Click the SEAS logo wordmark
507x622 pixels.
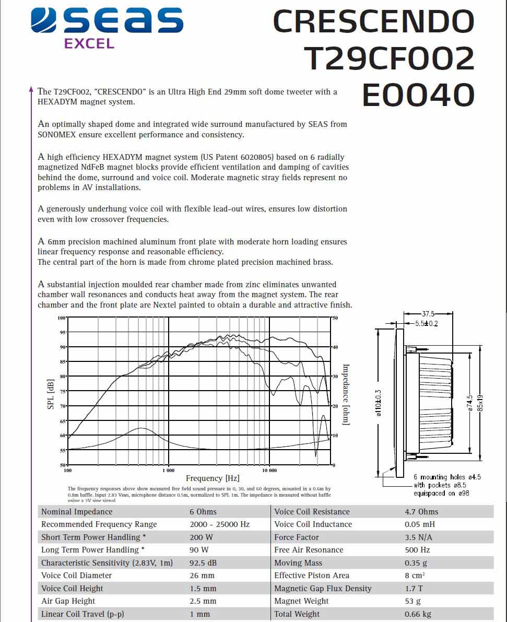(107, 21)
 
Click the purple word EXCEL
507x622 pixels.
(89, 44)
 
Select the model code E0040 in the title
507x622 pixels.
(418, 96)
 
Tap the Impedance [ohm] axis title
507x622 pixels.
(345, 395)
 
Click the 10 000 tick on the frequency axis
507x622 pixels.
(269, 470)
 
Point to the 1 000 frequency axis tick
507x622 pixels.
(168, 470)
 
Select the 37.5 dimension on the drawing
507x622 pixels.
(428, 314)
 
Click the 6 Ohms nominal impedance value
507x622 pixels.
(203, 512)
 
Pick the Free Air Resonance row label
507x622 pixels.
(309, 550)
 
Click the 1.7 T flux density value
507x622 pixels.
(414, 589)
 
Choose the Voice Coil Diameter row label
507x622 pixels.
(76, 576)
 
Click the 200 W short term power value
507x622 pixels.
(202, 537)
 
